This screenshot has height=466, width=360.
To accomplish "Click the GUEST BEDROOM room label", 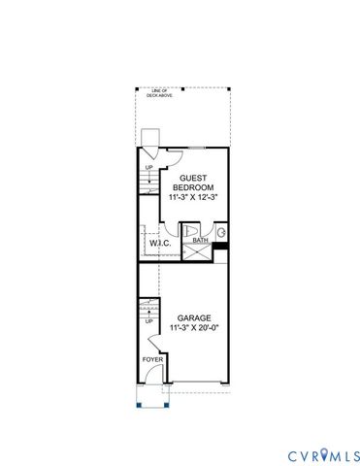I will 190,183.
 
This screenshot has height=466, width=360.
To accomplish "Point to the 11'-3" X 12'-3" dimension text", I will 190,197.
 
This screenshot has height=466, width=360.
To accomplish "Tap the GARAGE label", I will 194,317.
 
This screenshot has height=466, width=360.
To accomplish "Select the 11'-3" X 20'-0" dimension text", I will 194,328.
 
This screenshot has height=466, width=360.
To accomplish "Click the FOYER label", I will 152,359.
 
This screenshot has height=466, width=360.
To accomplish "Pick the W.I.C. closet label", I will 159,244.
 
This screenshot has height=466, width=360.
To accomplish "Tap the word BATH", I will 200,240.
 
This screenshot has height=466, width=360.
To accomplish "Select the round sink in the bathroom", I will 222,233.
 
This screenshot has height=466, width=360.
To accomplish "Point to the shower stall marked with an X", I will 198,251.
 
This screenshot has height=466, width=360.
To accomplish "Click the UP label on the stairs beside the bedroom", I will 148,167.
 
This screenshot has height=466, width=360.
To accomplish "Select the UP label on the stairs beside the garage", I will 148,319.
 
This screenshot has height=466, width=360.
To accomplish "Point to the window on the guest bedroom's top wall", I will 196,148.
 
